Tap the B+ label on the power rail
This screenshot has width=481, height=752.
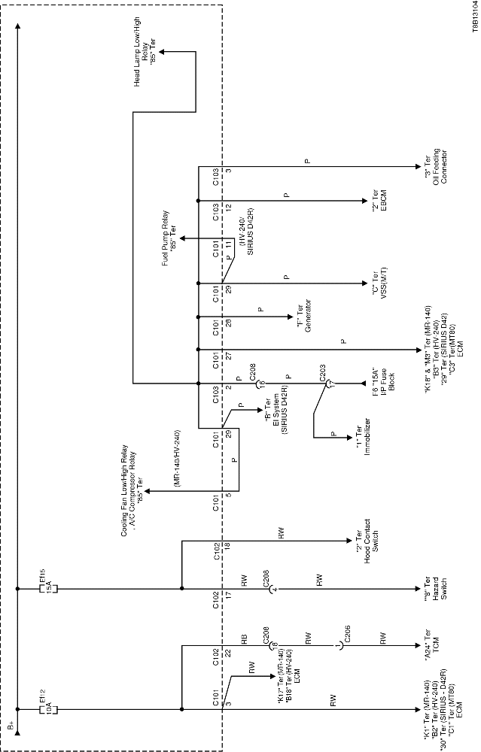[x=11, y=727]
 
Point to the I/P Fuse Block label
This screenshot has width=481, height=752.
[x=380, y=385]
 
